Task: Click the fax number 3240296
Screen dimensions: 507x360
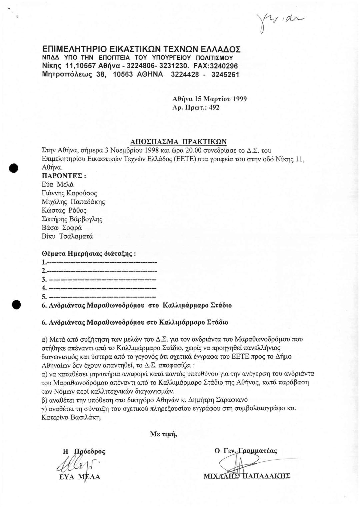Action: [225, 65]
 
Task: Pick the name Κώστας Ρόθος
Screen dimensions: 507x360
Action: [64, 210]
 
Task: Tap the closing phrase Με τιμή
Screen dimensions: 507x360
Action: [163, 434]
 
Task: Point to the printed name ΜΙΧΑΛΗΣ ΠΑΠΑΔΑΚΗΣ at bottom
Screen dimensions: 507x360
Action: [247, 476]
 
